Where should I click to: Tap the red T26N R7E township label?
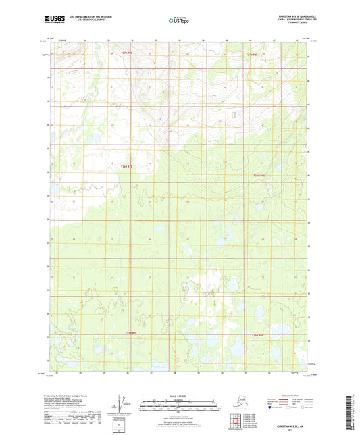[128, 165]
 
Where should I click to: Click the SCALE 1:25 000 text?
[179, 395]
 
